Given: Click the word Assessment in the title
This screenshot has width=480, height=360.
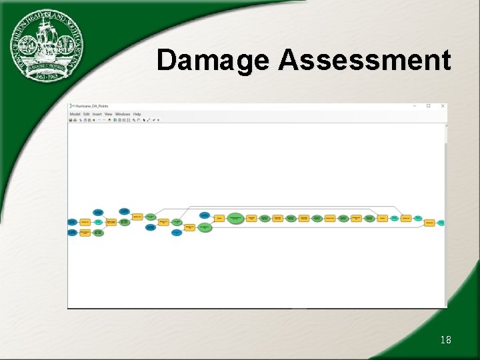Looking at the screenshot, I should pos(365,60).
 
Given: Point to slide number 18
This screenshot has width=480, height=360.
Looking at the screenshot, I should pos(445,340).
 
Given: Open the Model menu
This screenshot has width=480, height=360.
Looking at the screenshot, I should pos(75,114).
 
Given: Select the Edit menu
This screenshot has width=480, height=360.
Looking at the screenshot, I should pos(87,114).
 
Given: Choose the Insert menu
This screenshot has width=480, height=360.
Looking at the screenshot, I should pos(97,114).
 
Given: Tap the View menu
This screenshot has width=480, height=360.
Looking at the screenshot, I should pos(108,114).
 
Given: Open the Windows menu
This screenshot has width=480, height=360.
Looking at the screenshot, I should pos(123,114).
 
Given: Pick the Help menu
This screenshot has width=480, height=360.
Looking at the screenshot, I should pos(137,114).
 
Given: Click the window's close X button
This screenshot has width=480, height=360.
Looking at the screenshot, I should pos(441,106).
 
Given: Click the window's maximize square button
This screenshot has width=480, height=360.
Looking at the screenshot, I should pos(428,106).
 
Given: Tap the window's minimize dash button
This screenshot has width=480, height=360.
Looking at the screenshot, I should pos(415,106).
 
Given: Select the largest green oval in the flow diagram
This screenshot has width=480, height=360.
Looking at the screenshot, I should pos(235,218).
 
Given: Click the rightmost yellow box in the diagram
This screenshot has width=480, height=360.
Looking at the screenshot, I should pos(430,223).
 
